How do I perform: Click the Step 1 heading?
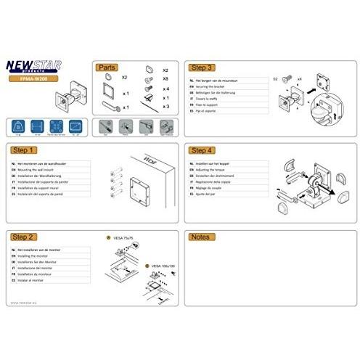click(x=25, y=150)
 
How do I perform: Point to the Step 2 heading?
click(x=25, y=237)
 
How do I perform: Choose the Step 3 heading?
click(x=202, y=66)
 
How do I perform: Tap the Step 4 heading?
click(x=202, y=150)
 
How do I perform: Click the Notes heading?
click(x=200, y=237)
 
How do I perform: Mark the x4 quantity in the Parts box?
click(x=166, y=89)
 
